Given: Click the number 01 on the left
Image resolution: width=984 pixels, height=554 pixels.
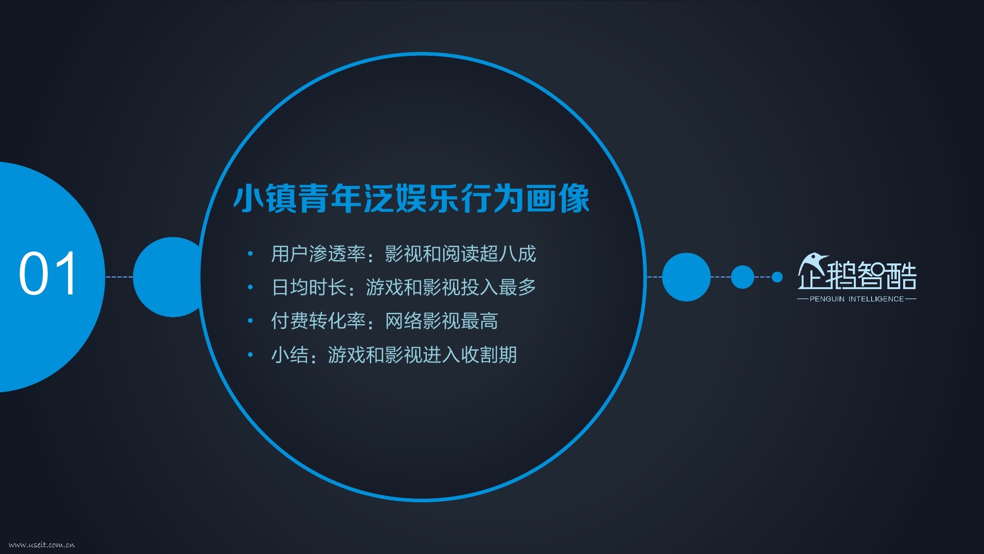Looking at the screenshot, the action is pyautogui.click(x=48, y=273).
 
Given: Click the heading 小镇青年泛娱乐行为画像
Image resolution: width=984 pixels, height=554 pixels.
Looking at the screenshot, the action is pyautogui.click(x=411, y=198).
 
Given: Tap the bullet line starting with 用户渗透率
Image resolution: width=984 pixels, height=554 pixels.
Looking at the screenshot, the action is pyautogui.click(x=403, y=254).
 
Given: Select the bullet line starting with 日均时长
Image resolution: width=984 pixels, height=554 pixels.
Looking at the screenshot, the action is pyautogui.click(x=403, y=287).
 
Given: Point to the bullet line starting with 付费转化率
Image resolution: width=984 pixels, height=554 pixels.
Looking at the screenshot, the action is pyautogui.click(x=385, y=321).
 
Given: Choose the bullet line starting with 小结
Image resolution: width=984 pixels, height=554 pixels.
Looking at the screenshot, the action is pyautogui.click(x=394, y=355).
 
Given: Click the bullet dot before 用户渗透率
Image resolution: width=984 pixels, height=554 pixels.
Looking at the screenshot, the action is pyautogui.click(x=250, y=254).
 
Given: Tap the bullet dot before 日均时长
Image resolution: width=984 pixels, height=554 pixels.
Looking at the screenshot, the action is pyautogui.click(x=250, y=287).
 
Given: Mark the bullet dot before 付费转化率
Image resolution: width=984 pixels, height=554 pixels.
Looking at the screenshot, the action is pyautogui.click(x=250, y=321).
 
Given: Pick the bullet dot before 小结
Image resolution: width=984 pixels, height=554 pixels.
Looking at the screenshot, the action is pyautogui.click(x=250, y=354).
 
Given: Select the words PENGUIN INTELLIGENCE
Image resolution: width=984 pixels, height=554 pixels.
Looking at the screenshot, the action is pyautogui.click(x=857, y=299).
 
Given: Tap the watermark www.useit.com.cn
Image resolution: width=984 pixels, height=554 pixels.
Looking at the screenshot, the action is pyautogui.click(x=42, y=545).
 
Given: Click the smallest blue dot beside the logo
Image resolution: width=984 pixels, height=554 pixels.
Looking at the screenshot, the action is pyautogui.click(x=777, y=277).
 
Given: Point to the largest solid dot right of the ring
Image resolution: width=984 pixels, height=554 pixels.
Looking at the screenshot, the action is pyautogui.click(x=686, y=277).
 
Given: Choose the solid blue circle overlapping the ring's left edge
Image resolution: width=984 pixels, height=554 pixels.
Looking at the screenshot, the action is pyautogui.click(x=170, y=277).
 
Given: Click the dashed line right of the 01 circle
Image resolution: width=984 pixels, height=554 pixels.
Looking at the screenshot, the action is pyautogui.click(x=119, y=277).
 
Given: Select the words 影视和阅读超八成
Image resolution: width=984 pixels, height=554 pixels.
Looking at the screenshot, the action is pyautogui.click(x=460, y=254).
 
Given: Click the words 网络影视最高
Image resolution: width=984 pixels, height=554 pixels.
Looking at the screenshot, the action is pyautogui.click(x=442, y=321).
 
